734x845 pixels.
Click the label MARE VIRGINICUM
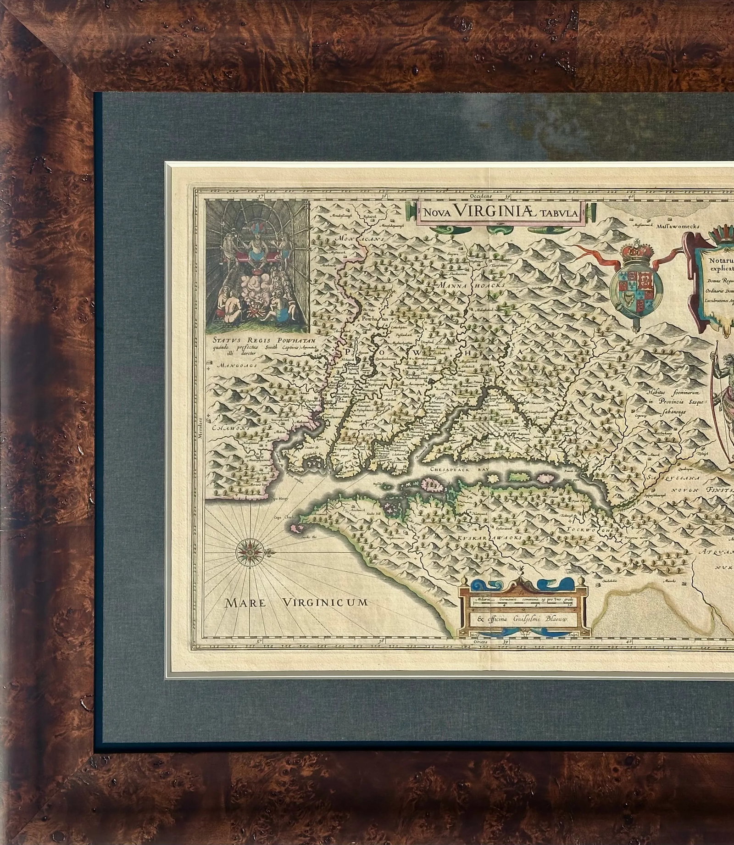296,602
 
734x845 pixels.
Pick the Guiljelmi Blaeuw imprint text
523,619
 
